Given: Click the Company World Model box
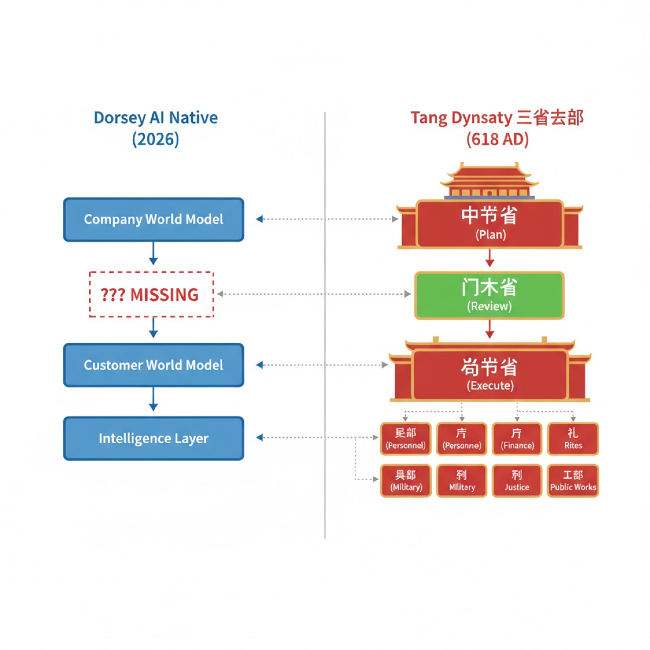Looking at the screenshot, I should coord(153,219).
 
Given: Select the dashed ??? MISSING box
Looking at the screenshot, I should coord(151,295).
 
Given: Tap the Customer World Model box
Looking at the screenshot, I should coord(153,365).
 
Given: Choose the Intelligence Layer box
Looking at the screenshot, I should coord(153,438).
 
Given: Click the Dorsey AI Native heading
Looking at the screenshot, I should coord(155,118).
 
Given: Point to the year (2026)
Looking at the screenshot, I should coord(155,139).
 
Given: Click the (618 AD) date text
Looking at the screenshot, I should coord(497,139).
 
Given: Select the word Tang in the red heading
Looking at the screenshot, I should coord(428,118).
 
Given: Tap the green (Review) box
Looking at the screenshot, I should coord(489,295).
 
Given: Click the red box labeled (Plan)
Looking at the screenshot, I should coord(490,224).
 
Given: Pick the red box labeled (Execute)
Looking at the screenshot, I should coord(490,374).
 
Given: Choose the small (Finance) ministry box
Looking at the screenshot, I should coord(517,439).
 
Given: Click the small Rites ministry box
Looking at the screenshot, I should coord(573,439).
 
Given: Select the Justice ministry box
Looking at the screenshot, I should coord(517,480).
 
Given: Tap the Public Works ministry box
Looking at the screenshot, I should coord(573,480).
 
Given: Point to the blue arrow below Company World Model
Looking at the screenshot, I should coord(153,253).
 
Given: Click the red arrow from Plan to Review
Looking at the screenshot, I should coord(490,258).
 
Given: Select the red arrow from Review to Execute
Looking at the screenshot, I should coord(490,329).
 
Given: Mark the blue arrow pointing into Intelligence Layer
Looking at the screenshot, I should coord(153,401).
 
